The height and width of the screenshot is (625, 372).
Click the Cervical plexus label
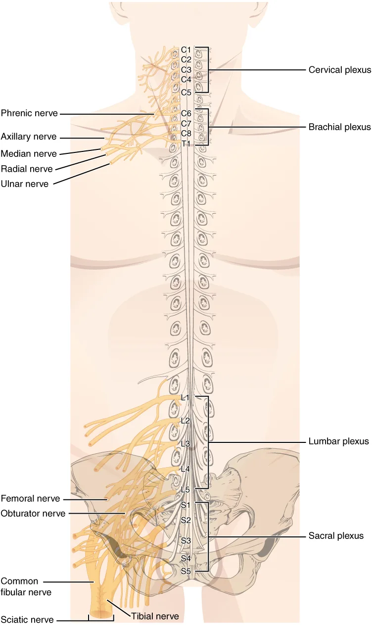[340, 70]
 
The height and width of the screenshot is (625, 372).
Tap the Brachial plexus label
[339, 127]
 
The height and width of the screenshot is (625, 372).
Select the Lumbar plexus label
[338, 441]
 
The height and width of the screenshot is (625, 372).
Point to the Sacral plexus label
[336, 535]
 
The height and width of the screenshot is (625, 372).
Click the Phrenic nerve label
[29, 113]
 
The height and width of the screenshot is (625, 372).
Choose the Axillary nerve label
[29, 137]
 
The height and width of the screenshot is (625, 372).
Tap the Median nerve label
[29, 153]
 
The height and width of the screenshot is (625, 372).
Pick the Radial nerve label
[27, 169]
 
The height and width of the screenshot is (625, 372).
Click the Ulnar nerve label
[25, 184]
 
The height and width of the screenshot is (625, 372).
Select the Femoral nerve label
[30, 499]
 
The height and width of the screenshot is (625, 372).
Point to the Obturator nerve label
[33, 513]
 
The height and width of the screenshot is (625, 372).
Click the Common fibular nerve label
[26, 587]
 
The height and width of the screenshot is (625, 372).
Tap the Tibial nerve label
[155, 616]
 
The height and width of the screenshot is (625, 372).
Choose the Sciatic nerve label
[27, 620]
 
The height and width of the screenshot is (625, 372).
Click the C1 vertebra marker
[186, 49]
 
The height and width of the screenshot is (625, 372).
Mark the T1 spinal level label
[186, 144]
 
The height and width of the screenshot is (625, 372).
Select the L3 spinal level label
[186, 443]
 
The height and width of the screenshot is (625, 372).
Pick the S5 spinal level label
[186, 571]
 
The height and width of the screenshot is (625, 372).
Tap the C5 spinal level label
[186, 93]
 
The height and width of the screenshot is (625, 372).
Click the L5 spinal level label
[186, 489]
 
